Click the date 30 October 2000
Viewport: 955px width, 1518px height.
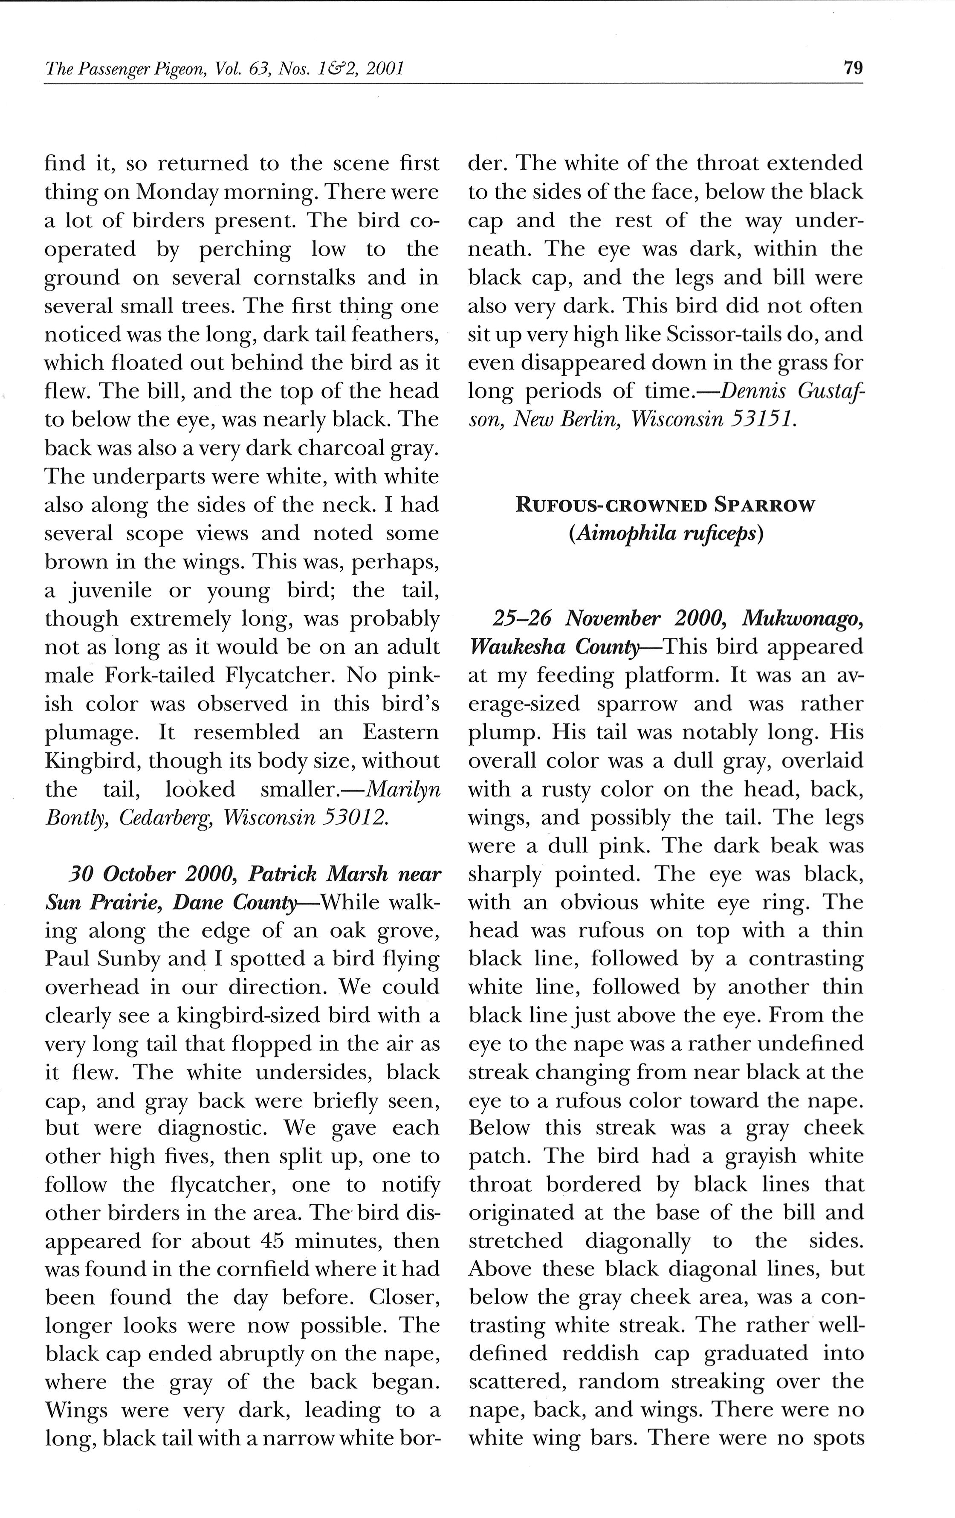point(151,875)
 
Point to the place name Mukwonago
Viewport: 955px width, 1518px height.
point(802,618)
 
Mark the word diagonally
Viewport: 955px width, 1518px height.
point(637,1241)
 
